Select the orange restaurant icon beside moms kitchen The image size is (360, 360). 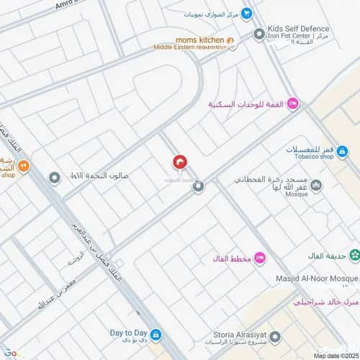[230, 40]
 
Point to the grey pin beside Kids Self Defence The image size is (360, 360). [259, 34]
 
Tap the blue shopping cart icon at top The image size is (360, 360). [246, 12]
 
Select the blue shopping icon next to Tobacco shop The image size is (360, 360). [342, 152]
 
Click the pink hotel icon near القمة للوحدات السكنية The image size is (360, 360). [292, 104]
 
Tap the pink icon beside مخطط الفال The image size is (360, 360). [260, 258]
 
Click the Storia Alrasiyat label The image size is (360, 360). [242, 334]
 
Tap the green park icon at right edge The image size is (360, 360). [354, 255]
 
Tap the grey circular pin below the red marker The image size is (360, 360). [198, 186]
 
